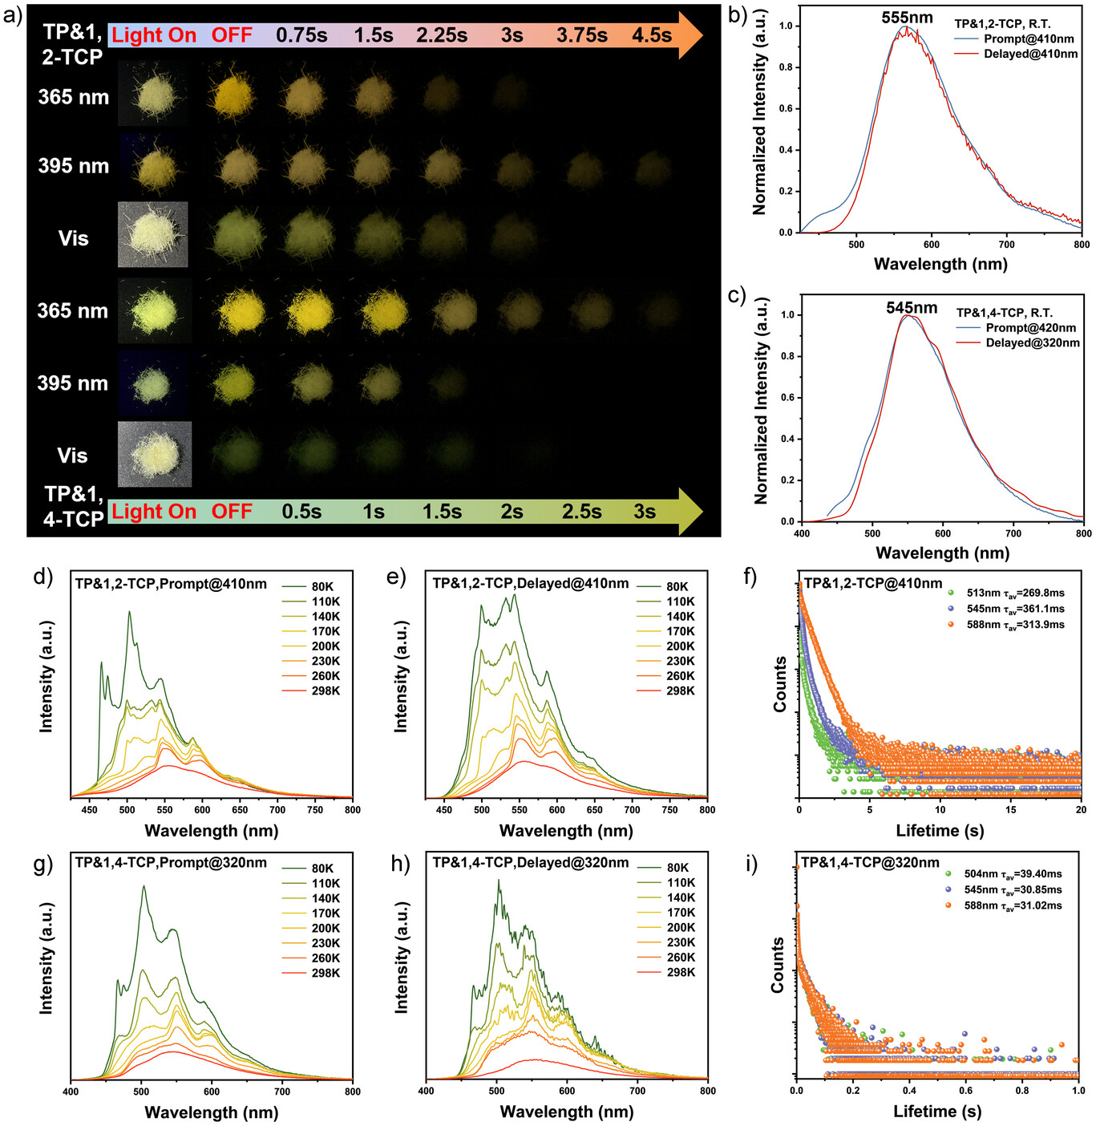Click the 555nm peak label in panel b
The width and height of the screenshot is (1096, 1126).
(x=907, y=18)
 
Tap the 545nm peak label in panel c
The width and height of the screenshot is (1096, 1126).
(x=911, y=308)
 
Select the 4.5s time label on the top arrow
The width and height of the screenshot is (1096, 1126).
(x=651, y=35)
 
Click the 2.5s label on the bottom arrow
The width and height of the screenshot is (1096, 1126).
(x=581, y=512)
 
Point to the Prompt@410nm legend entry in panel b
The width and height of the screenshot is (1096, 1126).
(x=1029, y=38)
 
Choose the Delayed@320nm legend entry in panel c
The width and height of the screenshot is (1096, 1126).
(x=1032, y=342)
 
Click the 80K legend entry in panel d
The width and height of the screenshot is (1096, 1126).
(x=322, y=587)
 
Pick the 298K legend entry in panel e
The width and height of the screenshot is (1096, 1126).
(x=680, y=691)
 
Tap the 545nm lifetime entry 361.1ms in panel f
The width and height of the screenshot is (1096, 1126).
(x=1015, y=609)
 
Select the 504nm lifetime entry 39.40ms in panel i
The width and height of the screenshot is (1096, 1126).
(x=1013, y=874)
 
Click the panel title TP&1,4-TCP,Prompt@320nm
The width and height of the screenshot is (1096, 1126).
(x=171, y=863)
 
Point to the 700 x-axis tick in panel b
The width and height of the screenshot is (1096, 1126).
(x=1006, y=245)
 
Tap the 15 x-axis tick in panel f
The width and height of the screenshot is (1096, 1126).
(x=1010, y=810)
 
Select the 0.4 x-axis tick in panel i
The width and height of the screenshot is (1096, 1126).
(x=909, y=1091)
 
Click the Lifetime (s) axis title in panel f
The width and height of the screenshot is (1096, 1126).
(x=939, y=831)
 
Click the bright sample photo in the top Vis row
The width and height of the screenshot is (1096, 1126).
(x=152, y=234)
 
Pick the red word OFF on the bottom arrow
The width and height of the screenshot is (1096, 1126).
(x=232, y=512)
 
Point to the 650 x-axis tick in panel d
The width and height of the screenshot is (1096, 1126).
(x=240, y=810)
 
